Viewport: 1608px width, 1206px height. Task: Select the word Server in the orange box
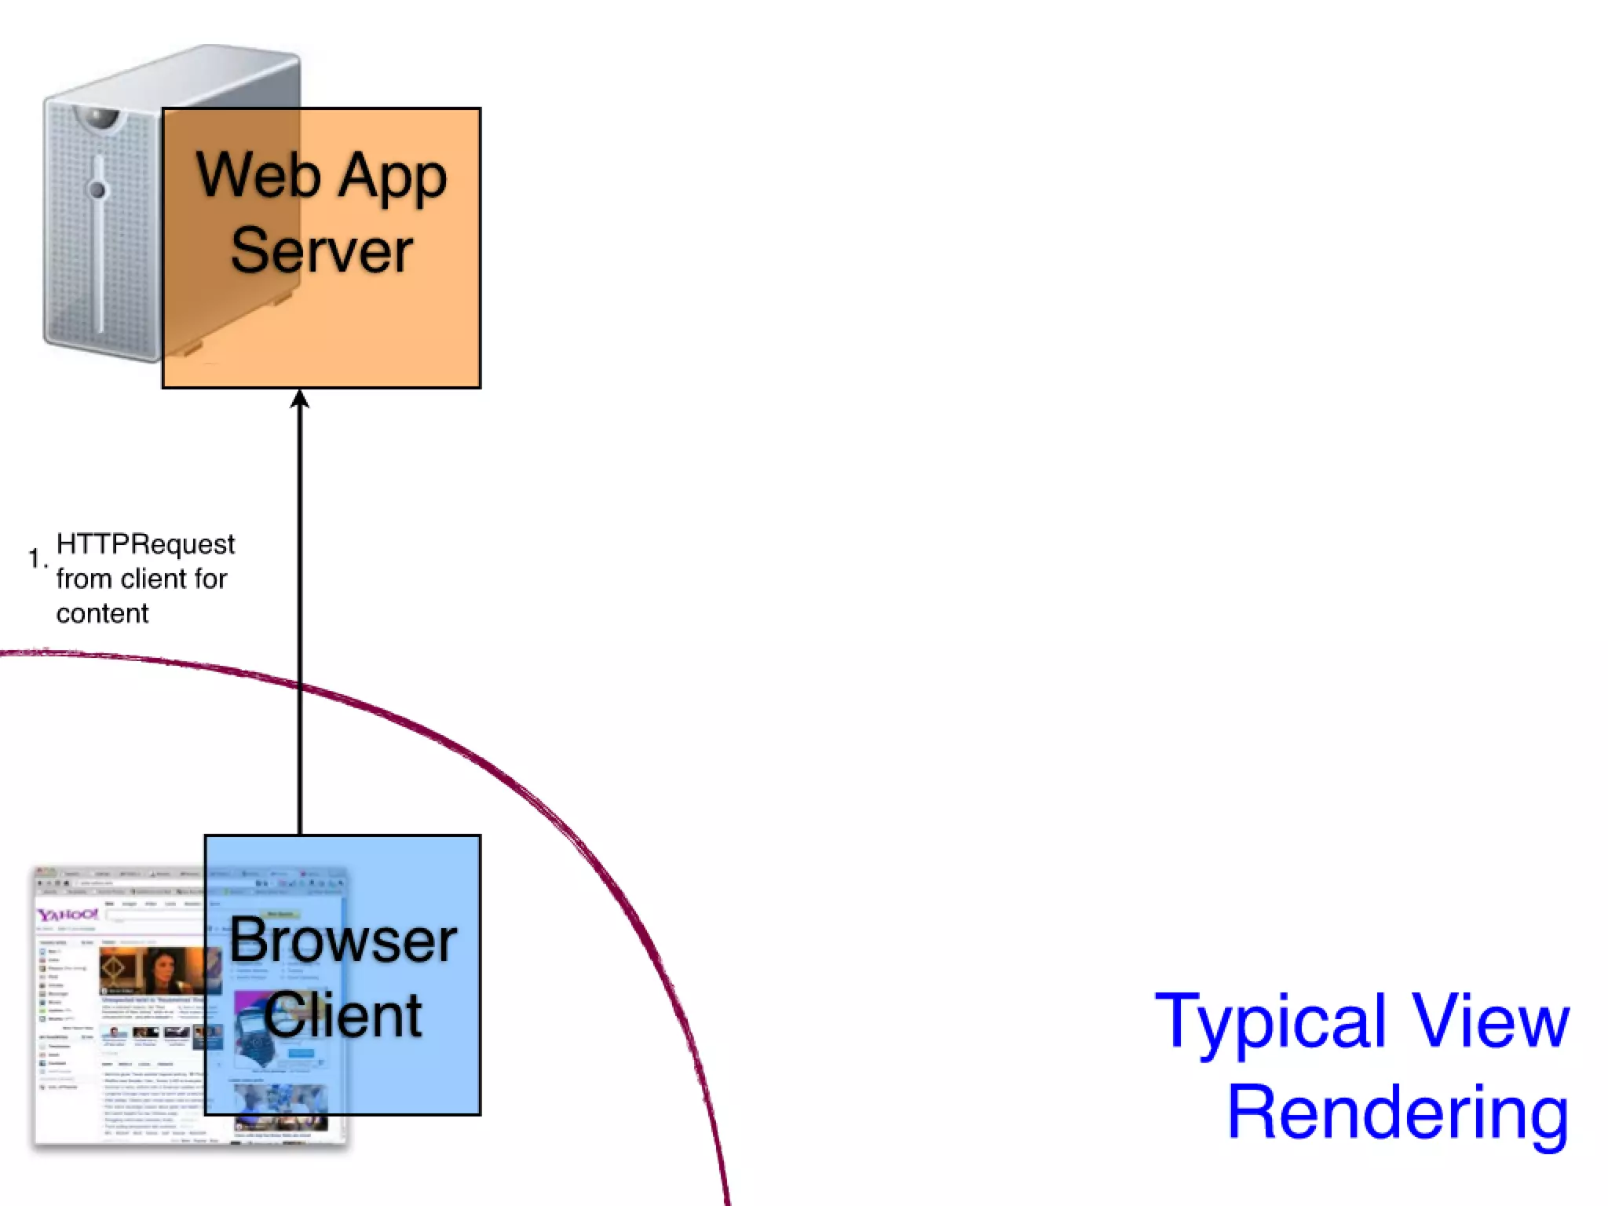(322, 250)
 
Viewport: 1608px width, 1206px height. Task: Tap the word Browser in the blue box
(343, 941)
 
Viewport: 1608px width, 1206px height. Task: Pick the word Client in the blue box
(343, 1015)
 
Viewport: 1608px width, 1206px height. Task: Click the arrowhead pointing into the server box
(300, 400)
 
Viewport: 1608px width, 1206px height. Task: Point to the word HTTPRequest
(146, 544)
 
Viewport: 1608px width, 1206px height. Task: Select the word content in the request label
(102, 613)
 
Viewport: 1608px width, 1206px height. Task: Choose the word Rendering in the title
(1398, 1112)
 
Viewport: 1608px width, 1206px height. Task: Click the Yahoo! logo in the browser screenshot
(68, 915)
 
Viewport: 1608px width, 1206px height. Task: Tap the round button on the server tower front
(97, 189)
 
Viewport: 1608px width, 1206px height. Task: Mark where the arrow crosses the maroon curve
(300, 685)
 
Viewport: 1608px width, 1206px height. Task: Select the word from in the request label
(83, 579)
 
